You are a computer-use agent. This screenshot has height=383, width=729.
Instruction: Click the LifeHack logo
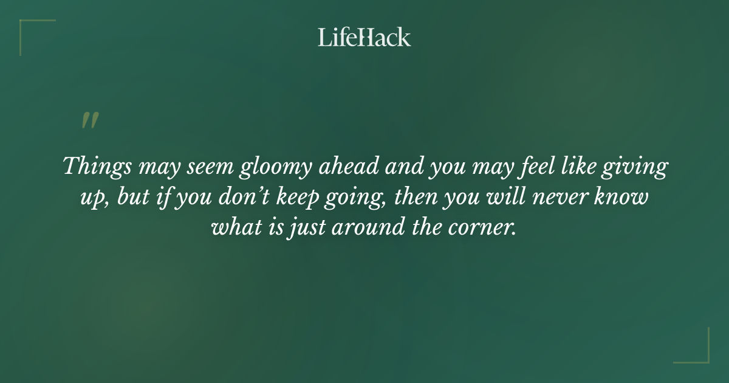[x=364, y=37]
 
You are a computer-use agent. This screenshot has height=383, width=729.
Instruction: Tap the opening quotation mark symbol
[x=89, y=120]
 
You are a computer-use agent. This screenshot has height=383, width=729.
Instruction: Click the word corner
[x=484, y=228]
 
